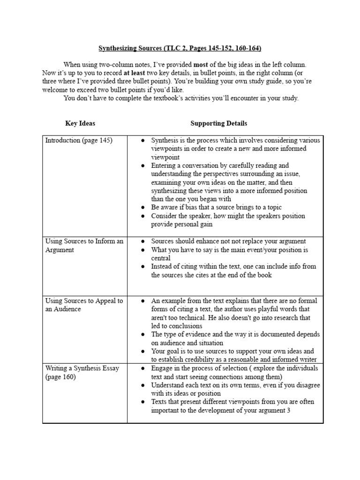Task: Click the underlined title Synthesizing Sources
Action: [x=180, y=48]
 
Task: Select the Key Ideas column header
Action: [x=80, y=123]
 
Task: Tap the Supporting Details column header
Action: [x=218, y=123]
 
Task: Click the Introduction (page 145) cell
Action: [x=79, y=140]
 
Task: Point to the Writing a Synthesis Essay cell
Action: [x=82, y=372]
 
